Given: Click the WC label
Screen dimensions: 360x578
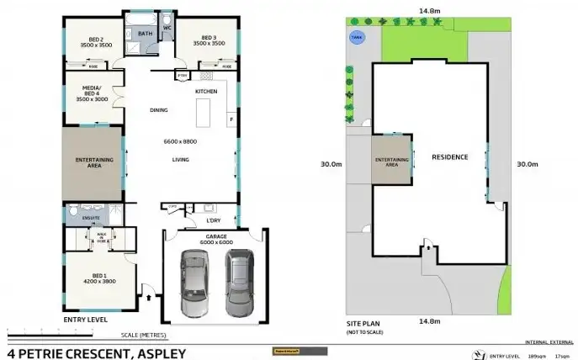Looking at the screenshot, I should tap(167, 28).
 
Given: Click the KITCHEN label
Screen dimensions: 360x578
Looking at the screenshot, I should tap(206, 91).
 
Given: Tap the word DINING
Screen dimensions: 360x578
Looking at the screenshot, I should tap(158, 110).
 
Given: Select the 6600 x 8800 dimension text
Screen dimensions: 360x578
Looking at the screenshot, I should tap(179, 142).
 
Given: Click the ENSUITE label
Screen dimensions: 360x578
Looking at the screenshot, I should tap(91, 218).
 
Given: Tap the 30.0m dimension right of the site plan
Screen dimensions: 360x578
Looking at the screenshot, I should tap(527, 164).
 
